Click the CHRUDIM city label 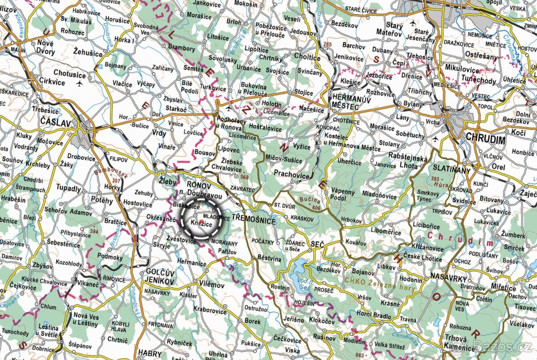click(x=485, y=140)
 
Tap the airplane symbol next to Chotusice click(x=80, y=83)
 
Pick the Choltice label click(x=307, y=57)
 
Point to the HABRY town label click(x=149, y=352)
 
